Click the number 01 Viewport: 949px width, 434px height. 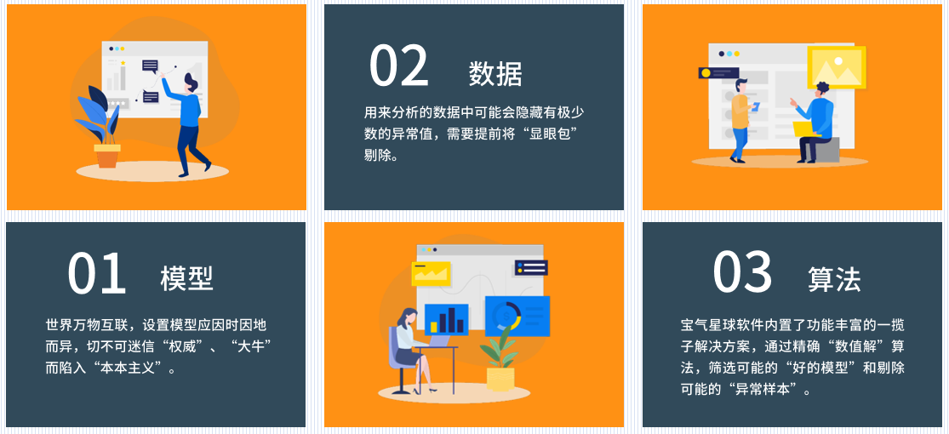click(97, 274)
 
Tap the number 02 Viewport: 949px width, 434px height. click(399, 66)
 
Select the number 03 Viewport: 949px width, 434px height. click(742, 271)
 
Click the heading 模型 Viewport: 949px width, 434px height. click(186, 278)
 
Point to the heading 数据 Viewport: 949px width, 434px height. click(495, 74)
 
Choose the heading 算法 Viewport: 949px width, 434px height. click(834, 280)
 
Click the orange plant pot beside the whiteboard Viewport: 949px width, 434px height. click(107, 156)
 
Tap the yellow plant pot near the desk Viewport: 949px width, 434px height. click(500, 378)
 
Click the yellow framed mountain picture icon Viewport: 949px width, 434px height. click(837, 67)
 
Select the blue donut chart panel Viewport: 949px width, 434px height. click(517, 316)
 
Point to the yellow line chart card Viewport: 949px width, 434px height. click(431, 274)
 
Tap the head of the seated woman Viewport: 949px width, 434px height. click(409, 316)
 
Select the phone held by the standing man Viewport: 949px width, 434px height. click(755, 106)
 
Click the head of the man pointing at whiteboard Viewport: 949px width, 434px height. click(192, 83)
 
